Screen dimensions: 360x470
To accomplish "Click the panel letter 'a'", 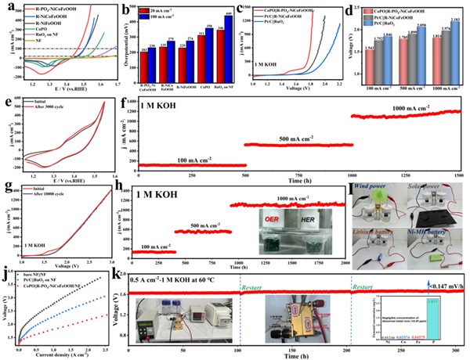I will tap(7, 7).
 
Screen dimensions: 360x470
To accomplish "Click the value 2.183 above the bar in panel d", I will tap(454, 49).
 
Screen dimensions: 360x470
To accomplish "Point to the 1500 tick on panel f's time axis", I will tap(458, 178).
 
